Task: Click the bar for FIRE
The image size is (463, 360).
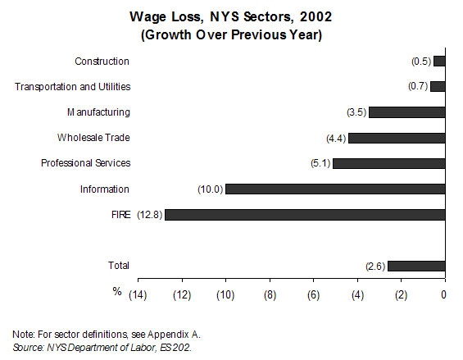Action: [305, 215]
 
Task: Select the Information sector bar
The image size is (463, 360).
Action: [335, 189]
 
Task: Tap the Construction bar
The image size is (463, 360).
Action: [439, 62]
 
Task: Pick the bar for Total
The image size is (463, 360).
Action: [416, 266]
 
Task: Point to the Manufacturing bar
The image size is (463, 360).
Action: [407, 112]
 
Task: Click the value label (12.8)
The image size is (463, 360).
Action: [150, 215]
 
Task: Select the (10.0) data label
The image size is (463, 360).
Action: [211, 189]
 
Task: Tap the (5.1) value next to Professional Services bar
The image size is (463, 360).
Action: [320, 163]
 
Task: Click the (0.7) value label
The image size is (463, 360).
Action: [418, 86]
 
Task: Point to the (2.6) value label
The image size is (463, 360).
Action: [375, 267]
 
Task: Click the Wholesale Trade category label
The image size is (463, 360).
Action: [93, 138]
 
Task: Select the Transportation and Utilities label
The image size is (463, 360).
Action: [73, 87]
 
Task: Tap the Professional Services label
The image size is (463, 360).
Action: [85, 163]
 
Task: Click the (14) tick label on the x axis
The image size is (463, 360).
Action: [138, 295]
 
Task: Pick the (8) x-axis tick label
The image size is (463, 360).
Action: [270, 295]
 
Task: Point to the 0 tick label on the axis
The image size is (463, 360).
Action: [443, 294]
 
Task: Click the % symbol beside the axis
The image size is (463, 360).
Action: [117, 291]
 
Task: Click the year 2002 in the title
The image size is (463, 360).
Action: [315, 16]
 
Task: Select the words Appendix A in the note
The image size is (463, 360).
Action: [174, 335]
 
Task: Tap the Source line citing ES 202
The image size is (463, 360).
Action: [102, 348]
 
